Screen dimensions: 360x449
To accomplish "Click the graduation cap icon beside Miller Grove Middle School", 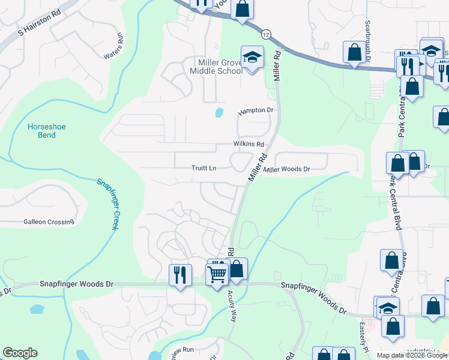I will point(252,58).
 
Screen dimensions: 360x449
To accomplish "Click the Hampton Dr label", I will point(255,111).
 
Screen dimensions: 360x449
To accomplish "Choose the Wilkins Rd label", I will point(249,145).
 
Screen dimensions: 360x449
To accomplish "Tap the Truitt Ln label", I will point(203,169).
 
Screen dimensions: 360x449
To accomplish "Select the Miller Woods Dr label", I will point(287,170).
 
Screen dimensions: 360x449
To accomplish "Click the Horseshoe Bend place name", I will point(42,131).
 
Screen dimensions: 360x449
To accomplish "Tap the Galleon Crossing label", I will point(49,222).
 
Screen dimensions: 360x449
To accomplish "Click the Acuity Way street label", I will point(232,307).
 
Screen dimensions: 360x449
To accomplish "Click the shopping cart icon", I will point(217,274).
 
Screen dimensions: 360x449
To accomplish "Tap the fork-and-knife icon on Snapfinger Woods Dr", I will point(180,274).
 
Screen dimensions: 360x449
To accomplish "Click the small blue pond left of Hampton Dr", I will point(218,112).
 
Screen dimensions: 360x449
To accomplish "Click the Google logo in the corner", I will point(20,353).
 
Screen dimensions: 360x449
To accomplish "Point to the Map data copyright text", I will point(412,355).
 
